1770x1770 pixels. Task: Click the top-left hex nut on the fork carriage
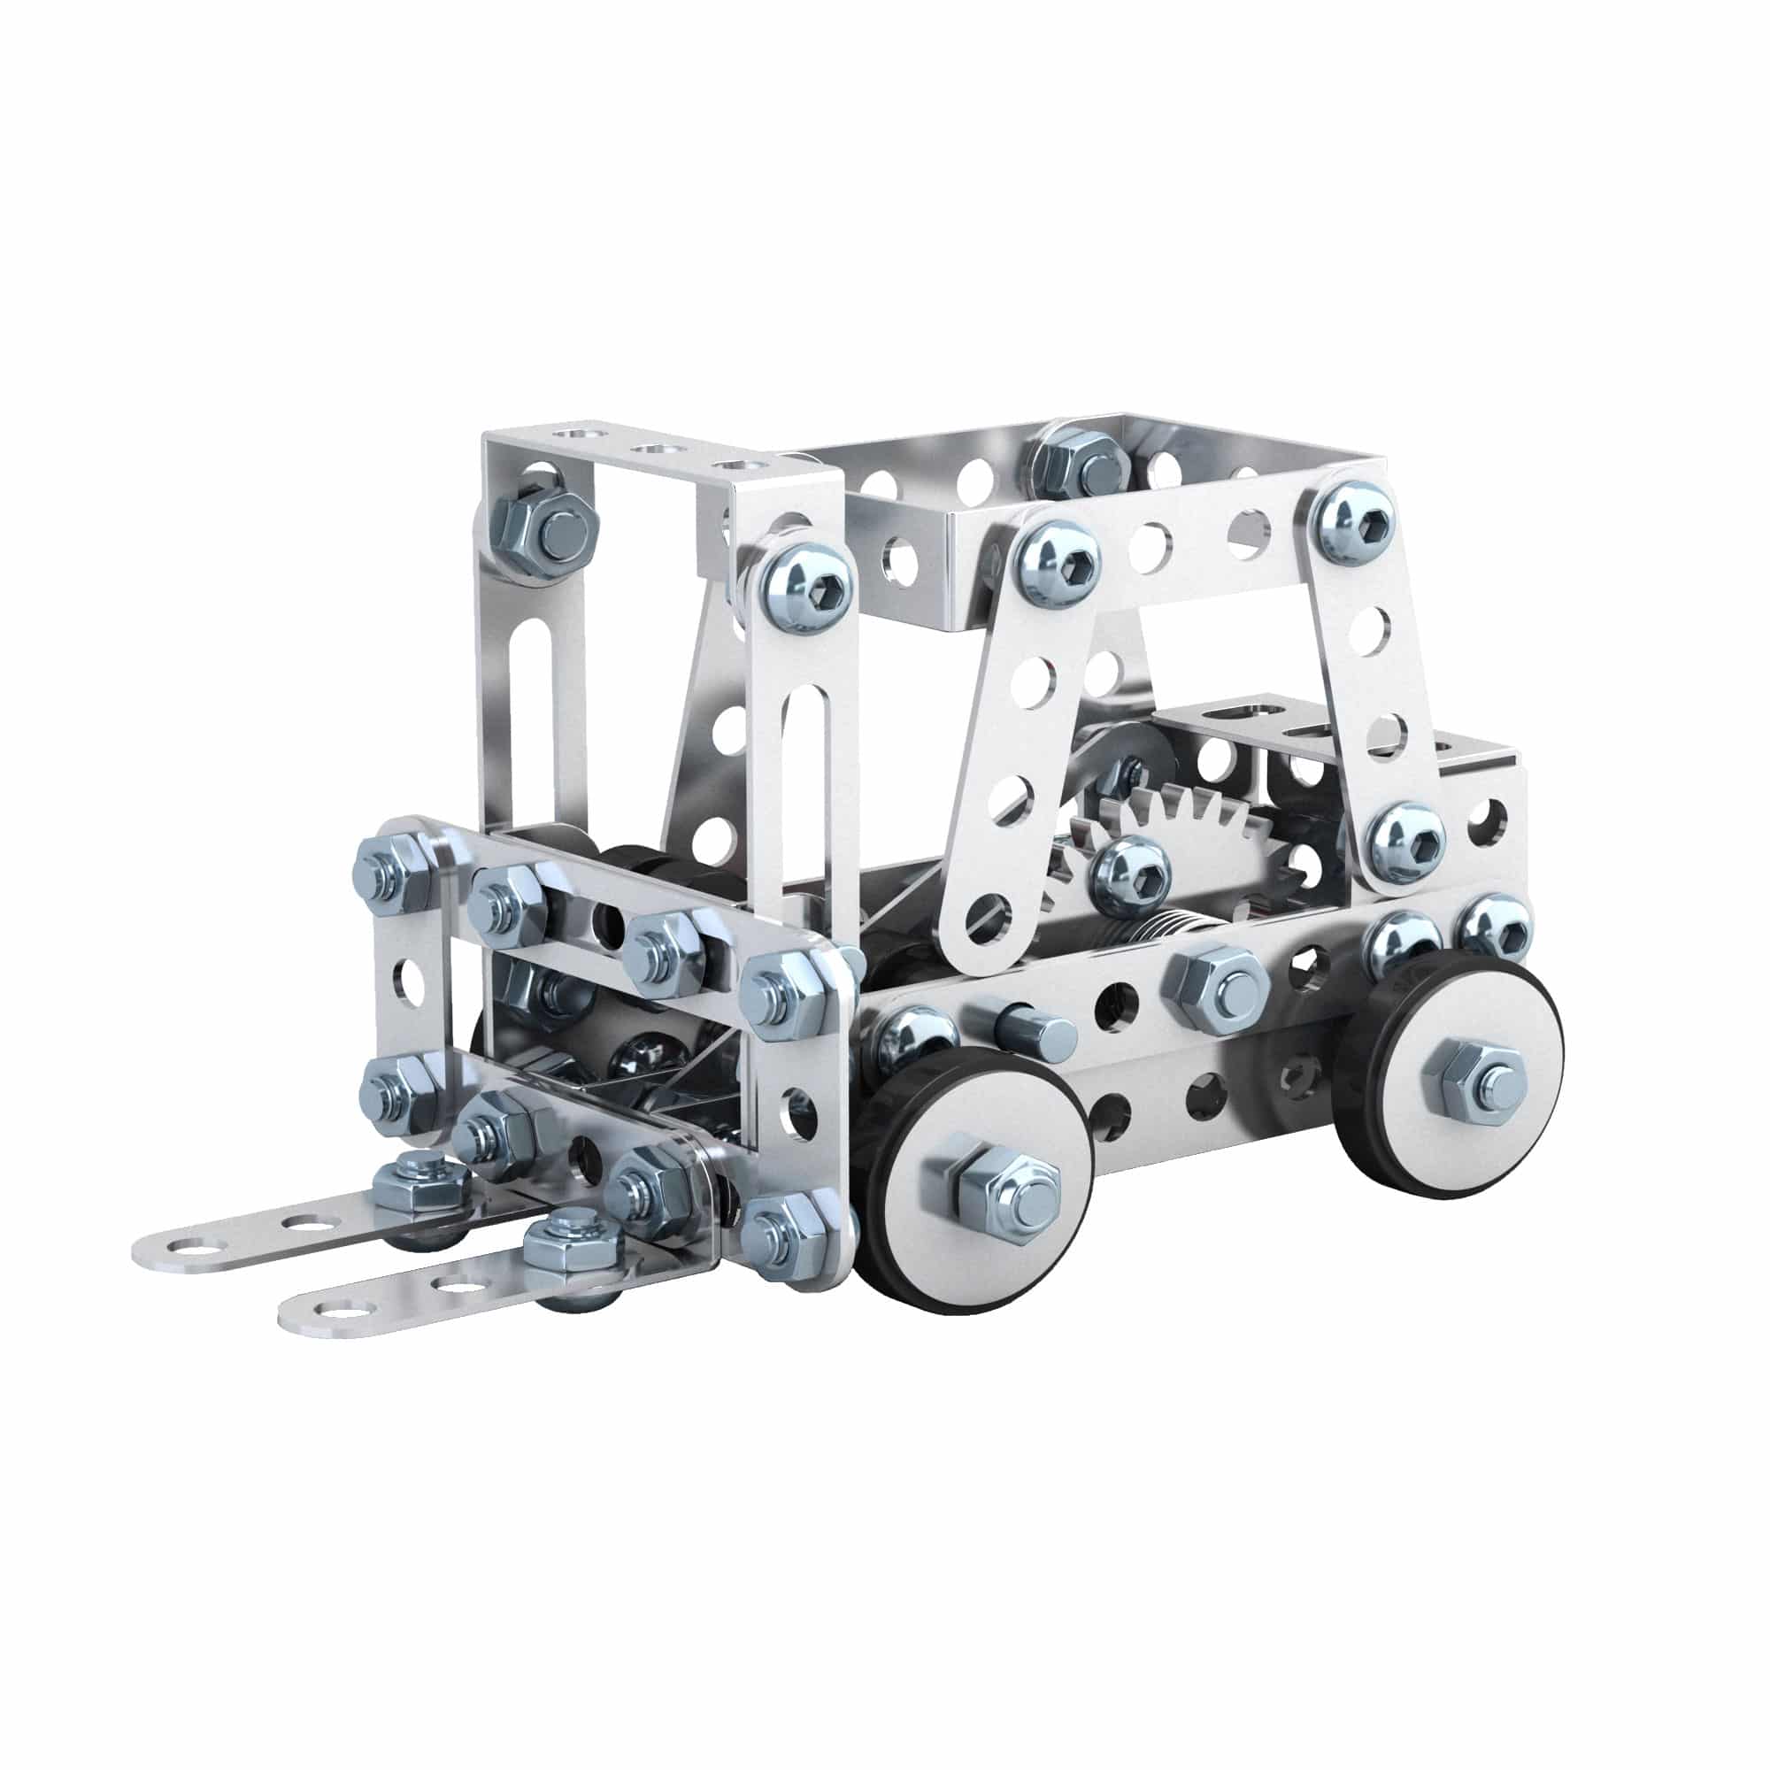pos(396,873)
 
